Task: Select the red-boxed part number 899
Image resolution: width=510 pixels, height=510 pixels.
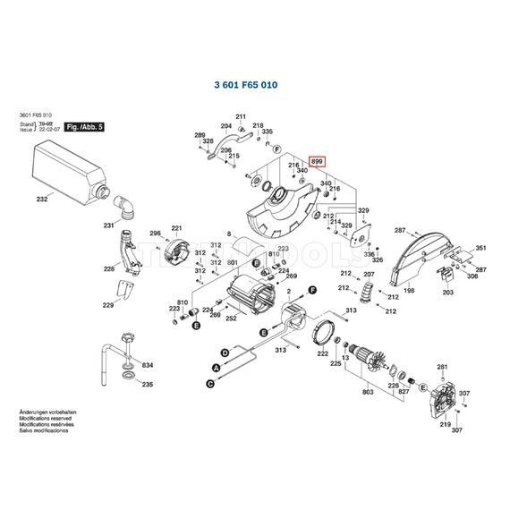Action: click(x=318, y=161)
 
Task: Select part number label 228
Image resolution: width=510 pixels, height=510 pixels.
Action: click(x=109, y=268)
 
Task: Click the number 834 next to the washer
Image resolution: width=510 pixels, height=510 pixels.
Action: click(x=148, y=366)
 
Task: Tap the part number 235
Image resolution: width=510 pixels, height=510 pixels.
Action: click(x=148, y=384)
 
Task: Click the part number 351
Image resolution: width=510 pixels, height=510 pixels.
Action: click(x=480, y=248)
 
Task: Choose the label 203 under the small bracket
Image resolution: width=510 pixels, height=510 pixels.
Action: click(x=448, y=293)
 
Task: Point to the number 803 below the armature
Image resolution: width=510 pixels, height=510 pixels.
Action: click(x=367, y=392)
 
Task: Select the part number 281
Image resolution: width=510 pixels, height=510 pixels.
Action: click(x=441, y=367)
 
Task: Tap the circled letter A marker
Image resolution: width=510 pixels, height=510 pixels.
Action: click(x=215, y=368)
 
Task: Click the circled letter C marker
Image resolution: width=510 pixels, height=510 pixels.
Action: click(x=211, y=382)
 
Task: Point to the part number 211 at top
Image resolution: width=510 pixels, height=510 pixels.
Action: click(x=241, y=117)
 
